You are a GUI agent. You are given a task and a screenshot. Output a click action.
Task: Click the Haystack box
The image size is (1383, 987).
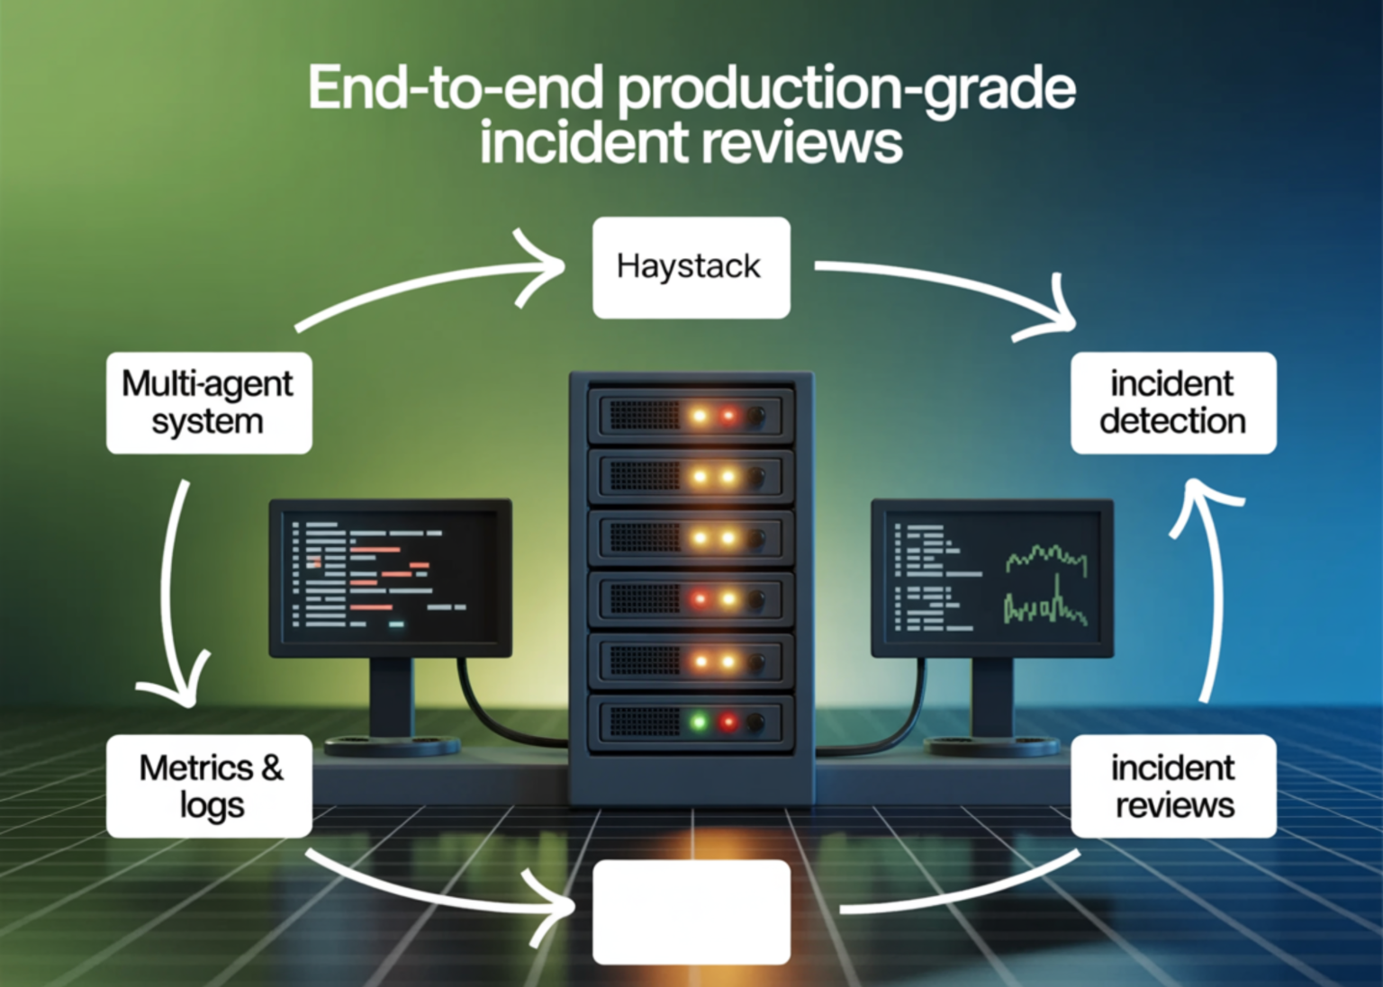tap(691, 267)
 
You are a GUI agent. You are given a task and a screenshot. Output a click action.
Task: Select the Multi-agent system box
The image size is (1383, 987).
tap(209, 402)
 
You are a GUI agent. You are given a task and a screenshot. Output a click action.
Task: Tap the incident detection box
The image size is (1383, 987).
tap(1172, 402)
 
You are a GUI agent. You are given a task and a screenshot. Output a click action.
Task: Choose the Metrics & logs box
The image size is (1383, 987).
tap(209, 785)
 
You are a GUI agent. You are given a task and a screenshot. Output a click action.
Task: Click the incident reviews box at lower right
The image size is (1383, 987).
tap(1172, 785)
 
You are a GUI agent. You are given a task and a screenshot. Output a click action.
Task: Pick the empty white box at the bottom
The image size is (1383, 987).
tap(691, 911)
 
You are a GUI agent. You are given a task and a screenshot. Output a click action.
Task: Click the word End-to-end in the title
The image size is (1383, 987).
tap(455, 88)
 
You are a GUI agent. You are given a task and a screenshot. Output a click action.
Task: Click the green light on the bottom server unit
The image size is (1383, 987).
tap(699, 722)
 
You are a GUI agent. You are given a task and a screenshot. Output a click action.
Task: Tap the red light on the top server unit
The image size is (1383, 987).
tap(728, 416)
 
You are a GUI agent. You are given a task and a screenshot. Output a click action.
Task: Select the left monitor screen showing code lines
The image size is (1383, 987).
tap(389, 576)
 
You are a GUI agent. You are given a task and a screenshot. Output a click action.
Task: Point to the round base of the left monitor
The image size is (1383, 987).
tap(392, 745)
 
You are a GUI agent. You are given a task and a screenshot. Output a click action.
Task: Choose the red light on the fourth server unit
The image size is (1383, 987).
tap(700, 598)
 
